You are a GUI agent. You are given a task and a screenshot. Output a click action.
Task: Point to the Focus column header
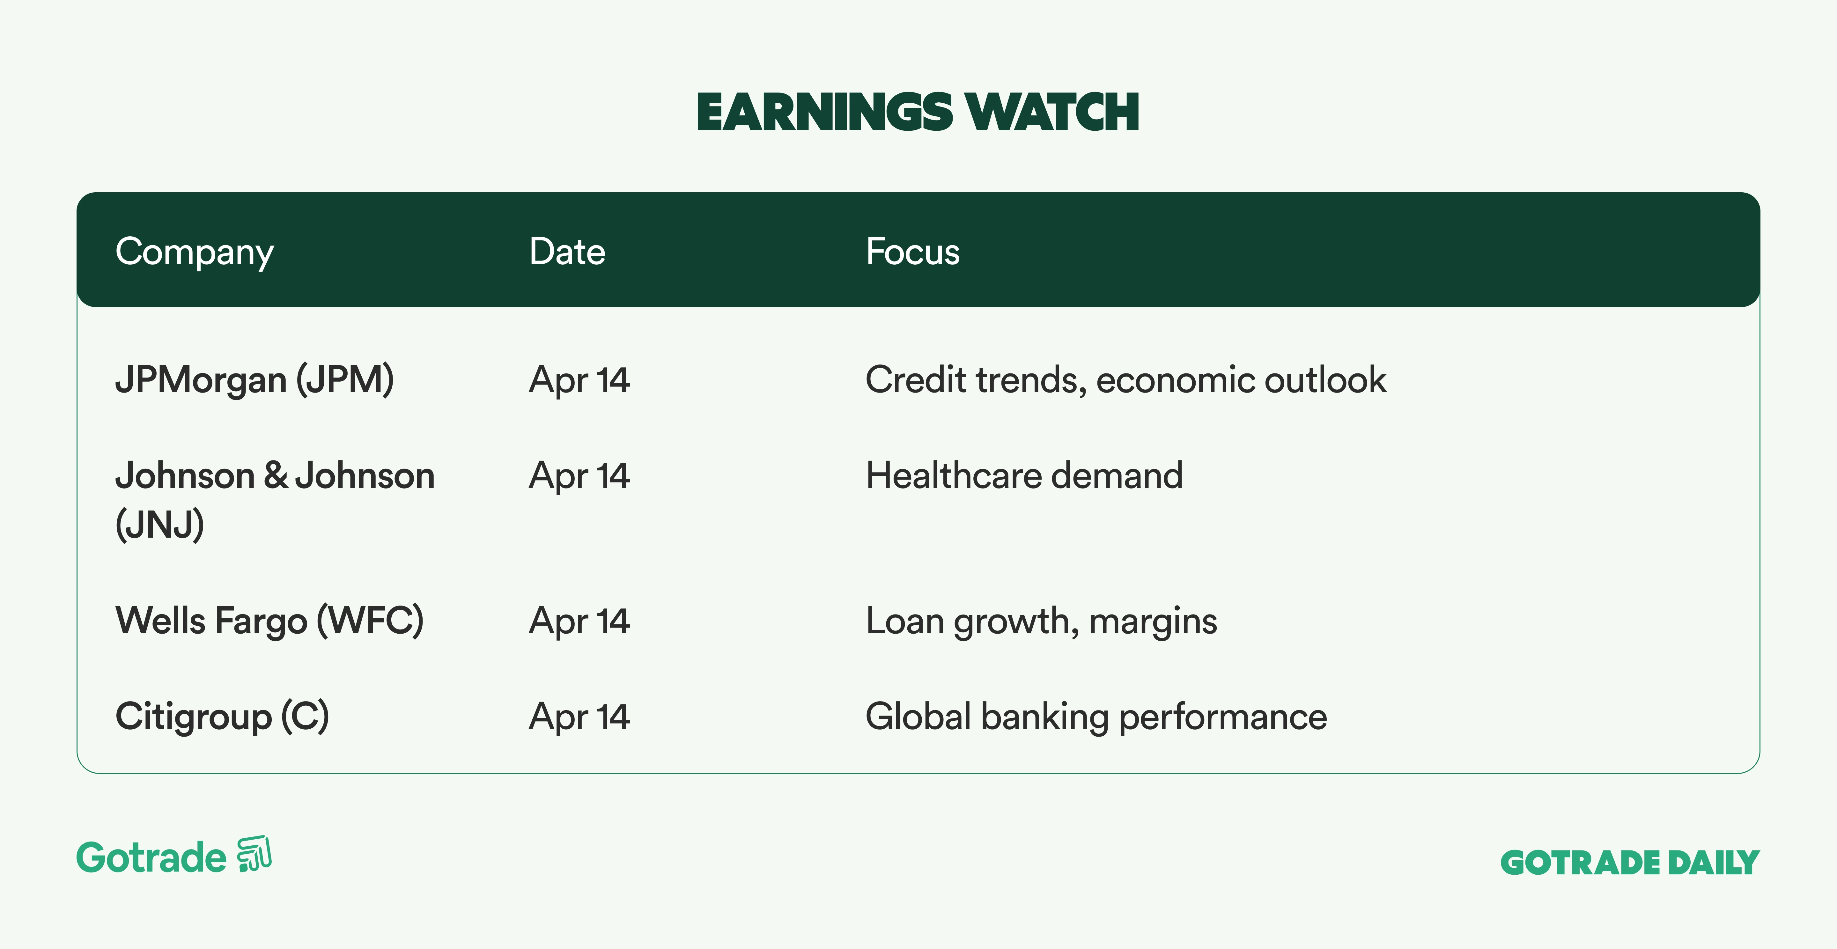point(913,252)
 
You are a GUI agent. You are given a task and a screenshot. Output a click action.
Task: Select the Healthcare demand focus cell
point(1024,475)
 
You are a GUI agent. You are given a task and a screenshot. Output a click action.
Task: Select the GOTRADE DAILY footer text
point(1630,863)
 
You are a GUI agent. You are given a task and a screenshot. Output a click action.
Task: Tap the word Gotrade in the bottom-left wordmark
point(151,857)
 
